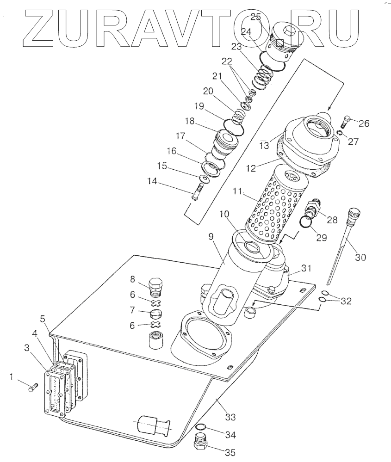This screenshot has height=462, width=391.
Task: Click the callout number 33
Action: click(x=230, y=417)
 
